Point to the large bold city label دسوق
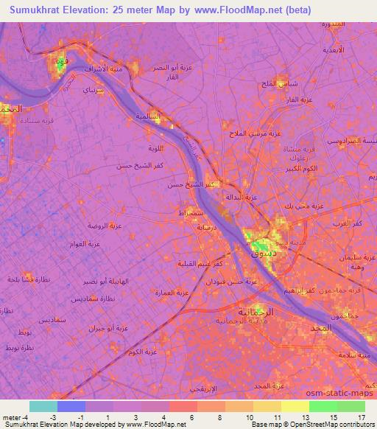click(x=264, y=253)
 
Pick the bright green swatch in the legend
click(x=323, y=406)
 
